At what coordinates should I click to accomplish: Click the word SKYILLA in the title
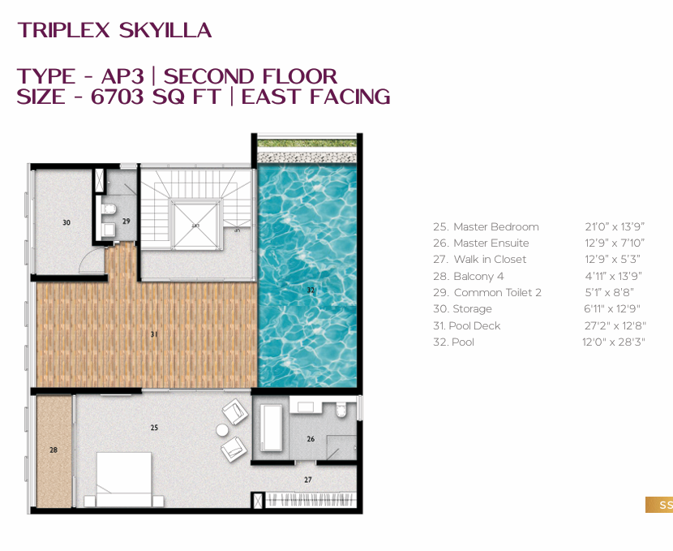pyautogui.click(x=165, y=31)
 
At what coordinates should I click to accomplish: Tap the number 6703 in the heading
pyautogui.click(x=118, y=97)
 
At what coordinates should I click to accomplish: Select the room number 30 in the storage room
pyautogui.click(x=66, y=222)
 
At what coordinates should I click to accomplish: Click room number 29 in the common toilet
pyautogui.click(x=126, y=222)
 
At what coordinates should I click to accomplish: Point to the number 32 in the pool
pyautogui.click(x=311, y=291)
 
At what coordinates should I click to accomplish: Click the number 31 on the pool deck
pyautogui.click(x=154, y=334)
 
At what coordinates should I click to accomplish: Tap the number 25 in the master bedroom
pyautogui.click(x=154, y=428)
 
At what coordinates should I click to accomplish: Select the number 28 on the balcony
pyautogui.click(x=54, y=450)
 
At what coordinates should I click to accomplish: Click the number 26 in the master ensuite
pyautogui.click(x=311, y=439)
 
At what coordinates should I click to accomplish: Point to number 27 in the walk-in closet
pyautogui.click(x=308, y=480)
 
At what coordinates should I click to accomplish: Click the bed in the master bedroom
pyautogui.click(x=123, y=480)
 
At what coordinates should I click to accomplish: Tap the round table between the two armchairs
pyautogui.click(x=222, y=430)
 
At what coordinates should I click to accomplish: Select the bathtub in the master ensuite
pyautogui.click(x=272, y=428)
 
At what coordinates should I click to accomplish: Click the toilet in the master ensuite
pyautogui.click(x=341, y=410)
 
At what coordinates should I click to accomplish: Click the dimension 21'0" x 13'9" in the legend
pyautogui.click(x=615, y=226)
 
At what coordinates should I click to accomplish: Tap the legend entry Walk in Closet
pyautogui.click(x=479, y=260)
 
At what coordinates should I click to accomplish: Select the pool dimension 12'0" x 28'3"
pyautogui.click(x=614, y=342)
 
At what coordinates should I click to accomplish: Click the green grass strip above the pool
pyautogui.click(x=306, y=143)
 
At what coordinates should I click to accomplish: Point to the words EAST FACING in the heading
pyautogui.click(x=316, y=97)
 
